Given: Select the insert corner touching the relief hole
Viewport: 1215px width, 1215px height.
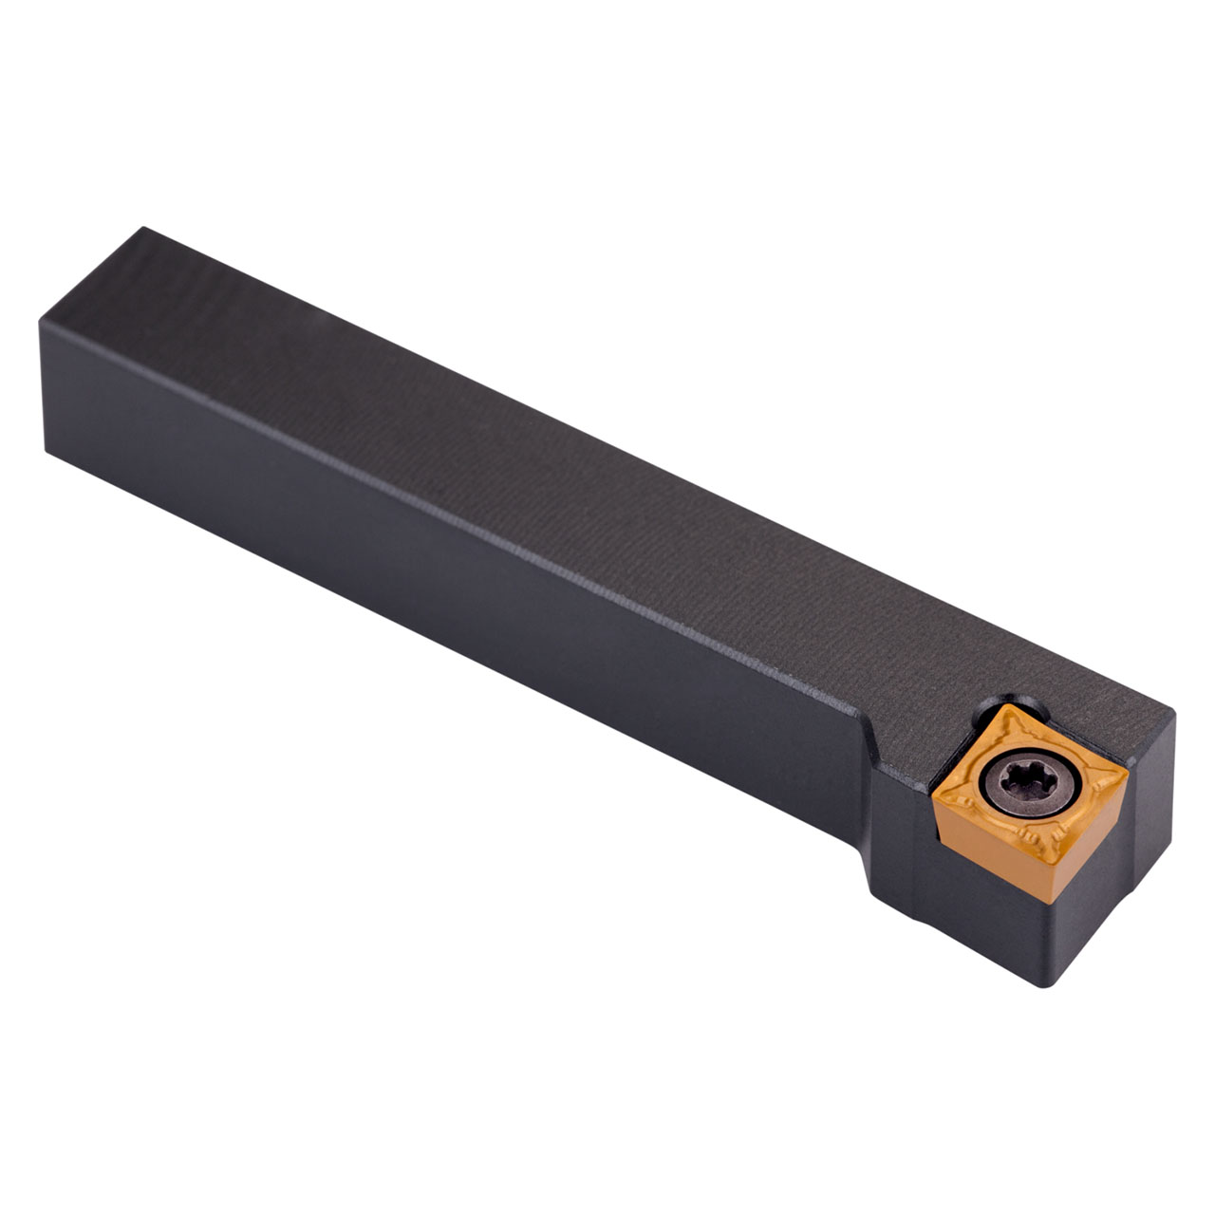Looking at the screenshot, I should point(1008,704).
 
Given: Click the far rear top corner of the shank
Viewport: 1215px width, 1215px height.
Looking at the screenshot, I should point(143,229).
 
